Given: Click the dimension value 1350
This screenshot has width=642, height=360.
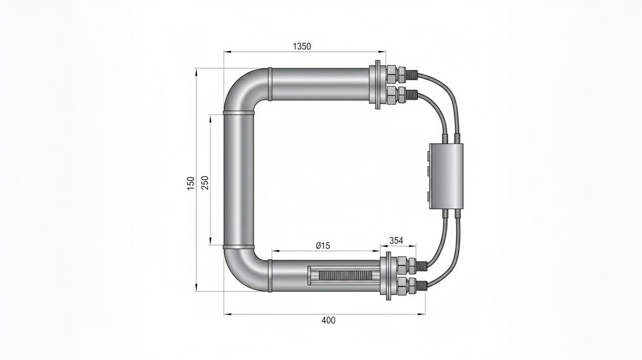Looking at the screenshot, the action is pos(302,46).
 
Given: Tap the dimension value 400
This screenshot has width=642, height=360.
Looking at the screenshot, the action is pos(328,320).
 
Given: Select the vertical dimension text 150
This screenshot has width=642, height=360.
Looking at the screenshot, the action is pos(191,183).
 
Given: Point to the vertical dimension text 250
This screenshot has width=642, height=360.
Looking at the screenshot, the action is pos(205,182).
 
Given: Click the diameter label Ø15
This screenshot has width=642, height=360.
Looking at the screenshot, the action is pos(323,246).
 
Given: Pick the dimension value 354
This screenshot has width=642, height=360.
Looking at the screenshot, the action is pos(396,241).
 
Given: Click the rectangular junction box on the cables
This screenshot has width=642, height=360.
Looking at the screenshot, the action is pos(446,176).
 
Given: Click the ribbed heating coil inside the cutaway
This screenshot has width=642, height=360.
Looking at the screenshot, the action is pos(345,275).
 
